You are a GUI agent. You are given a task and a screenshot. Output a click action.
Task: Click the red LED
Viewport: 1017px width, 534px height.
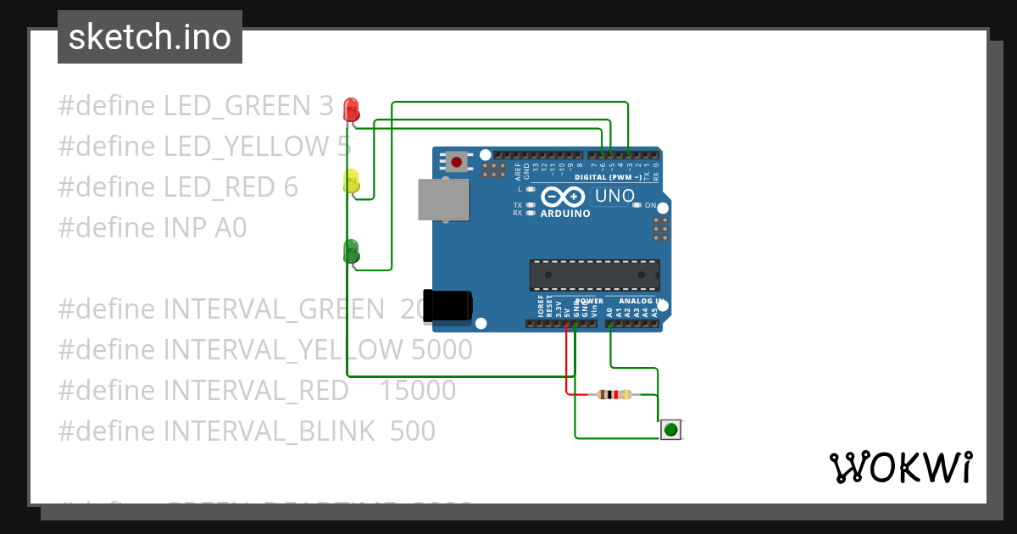pyautogui.click(x=351, y=109)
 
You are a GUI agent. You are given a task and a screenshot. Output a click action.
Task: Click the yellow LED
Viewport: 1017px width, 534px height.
pyautogui.click(x=351, y=181)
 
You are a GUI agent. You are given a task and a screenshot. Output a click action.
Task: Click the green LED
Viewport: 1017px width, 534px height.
pyautogui.click(x=351, y=251)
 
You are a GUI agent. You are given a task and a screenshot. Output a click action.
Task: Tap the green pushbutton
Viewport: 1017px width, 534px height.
pyautogui.click(x=671, y=430)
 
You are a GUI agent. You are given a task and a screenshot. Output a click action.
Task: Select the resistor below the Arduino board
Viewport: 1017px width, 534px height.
pyautogui.click(x=614, y=394)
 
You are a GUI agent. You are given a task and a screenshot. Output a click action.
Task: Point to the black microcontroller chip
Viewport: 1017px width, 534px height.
pyautogui.click(x=594, y=275)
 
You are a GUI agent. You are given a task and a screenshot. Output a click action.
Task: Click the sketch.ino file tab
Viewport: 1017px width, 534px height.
pyautogui.click(x=150, y=37)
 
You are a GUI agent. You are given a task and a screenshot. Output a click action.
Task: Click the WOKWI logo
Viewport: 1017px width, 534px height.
pyautogui.click(x=900, y=467)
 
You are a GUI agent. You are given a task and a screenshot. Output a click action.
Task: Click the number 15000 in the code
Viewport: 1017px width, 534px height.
pyautogui.click(x=417, y=391)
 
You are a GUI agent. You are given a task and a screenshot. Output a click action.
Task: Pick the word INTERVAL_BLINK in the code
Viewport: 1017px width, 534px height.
pyautogui.click(x=269, y=431)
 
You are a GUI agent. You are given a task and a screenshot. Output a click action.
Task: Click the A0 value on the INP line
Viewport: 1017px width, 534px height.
pyautogui.click(x=229, y=228)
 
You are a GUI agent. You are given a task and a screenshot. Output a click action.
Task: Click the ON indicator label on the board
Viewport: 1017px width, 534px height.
pyautogui.click(x=650, y=206)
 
